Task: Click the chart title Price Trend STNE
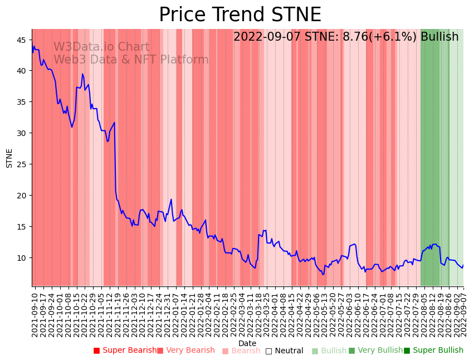coord(240,15)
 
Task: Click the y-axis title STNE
coord(9,158)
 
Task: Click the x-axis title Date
coord(247,343)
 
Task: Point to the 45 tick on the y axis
coord(23,40)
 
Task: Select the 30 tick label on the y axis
coord(23,133)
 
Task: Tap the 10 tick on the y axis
coord(23,257)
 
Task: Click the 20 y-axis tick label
coord(23,196)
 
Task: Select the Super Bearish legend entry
coord(125,351)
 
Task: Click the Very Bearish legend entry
coord(186,351)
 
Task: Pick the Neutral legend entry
coord(285,351)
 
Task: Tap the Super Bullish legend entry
coord(434,351)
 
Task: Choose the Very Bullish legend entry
coord(376,351)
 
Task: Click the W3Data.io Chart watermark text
coord(101,47)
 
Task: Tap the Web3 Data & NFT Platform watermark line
coord(131,60)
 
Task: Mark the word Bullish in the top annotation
coord(439,37)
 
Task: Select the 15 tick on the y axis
coord(23,226)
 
